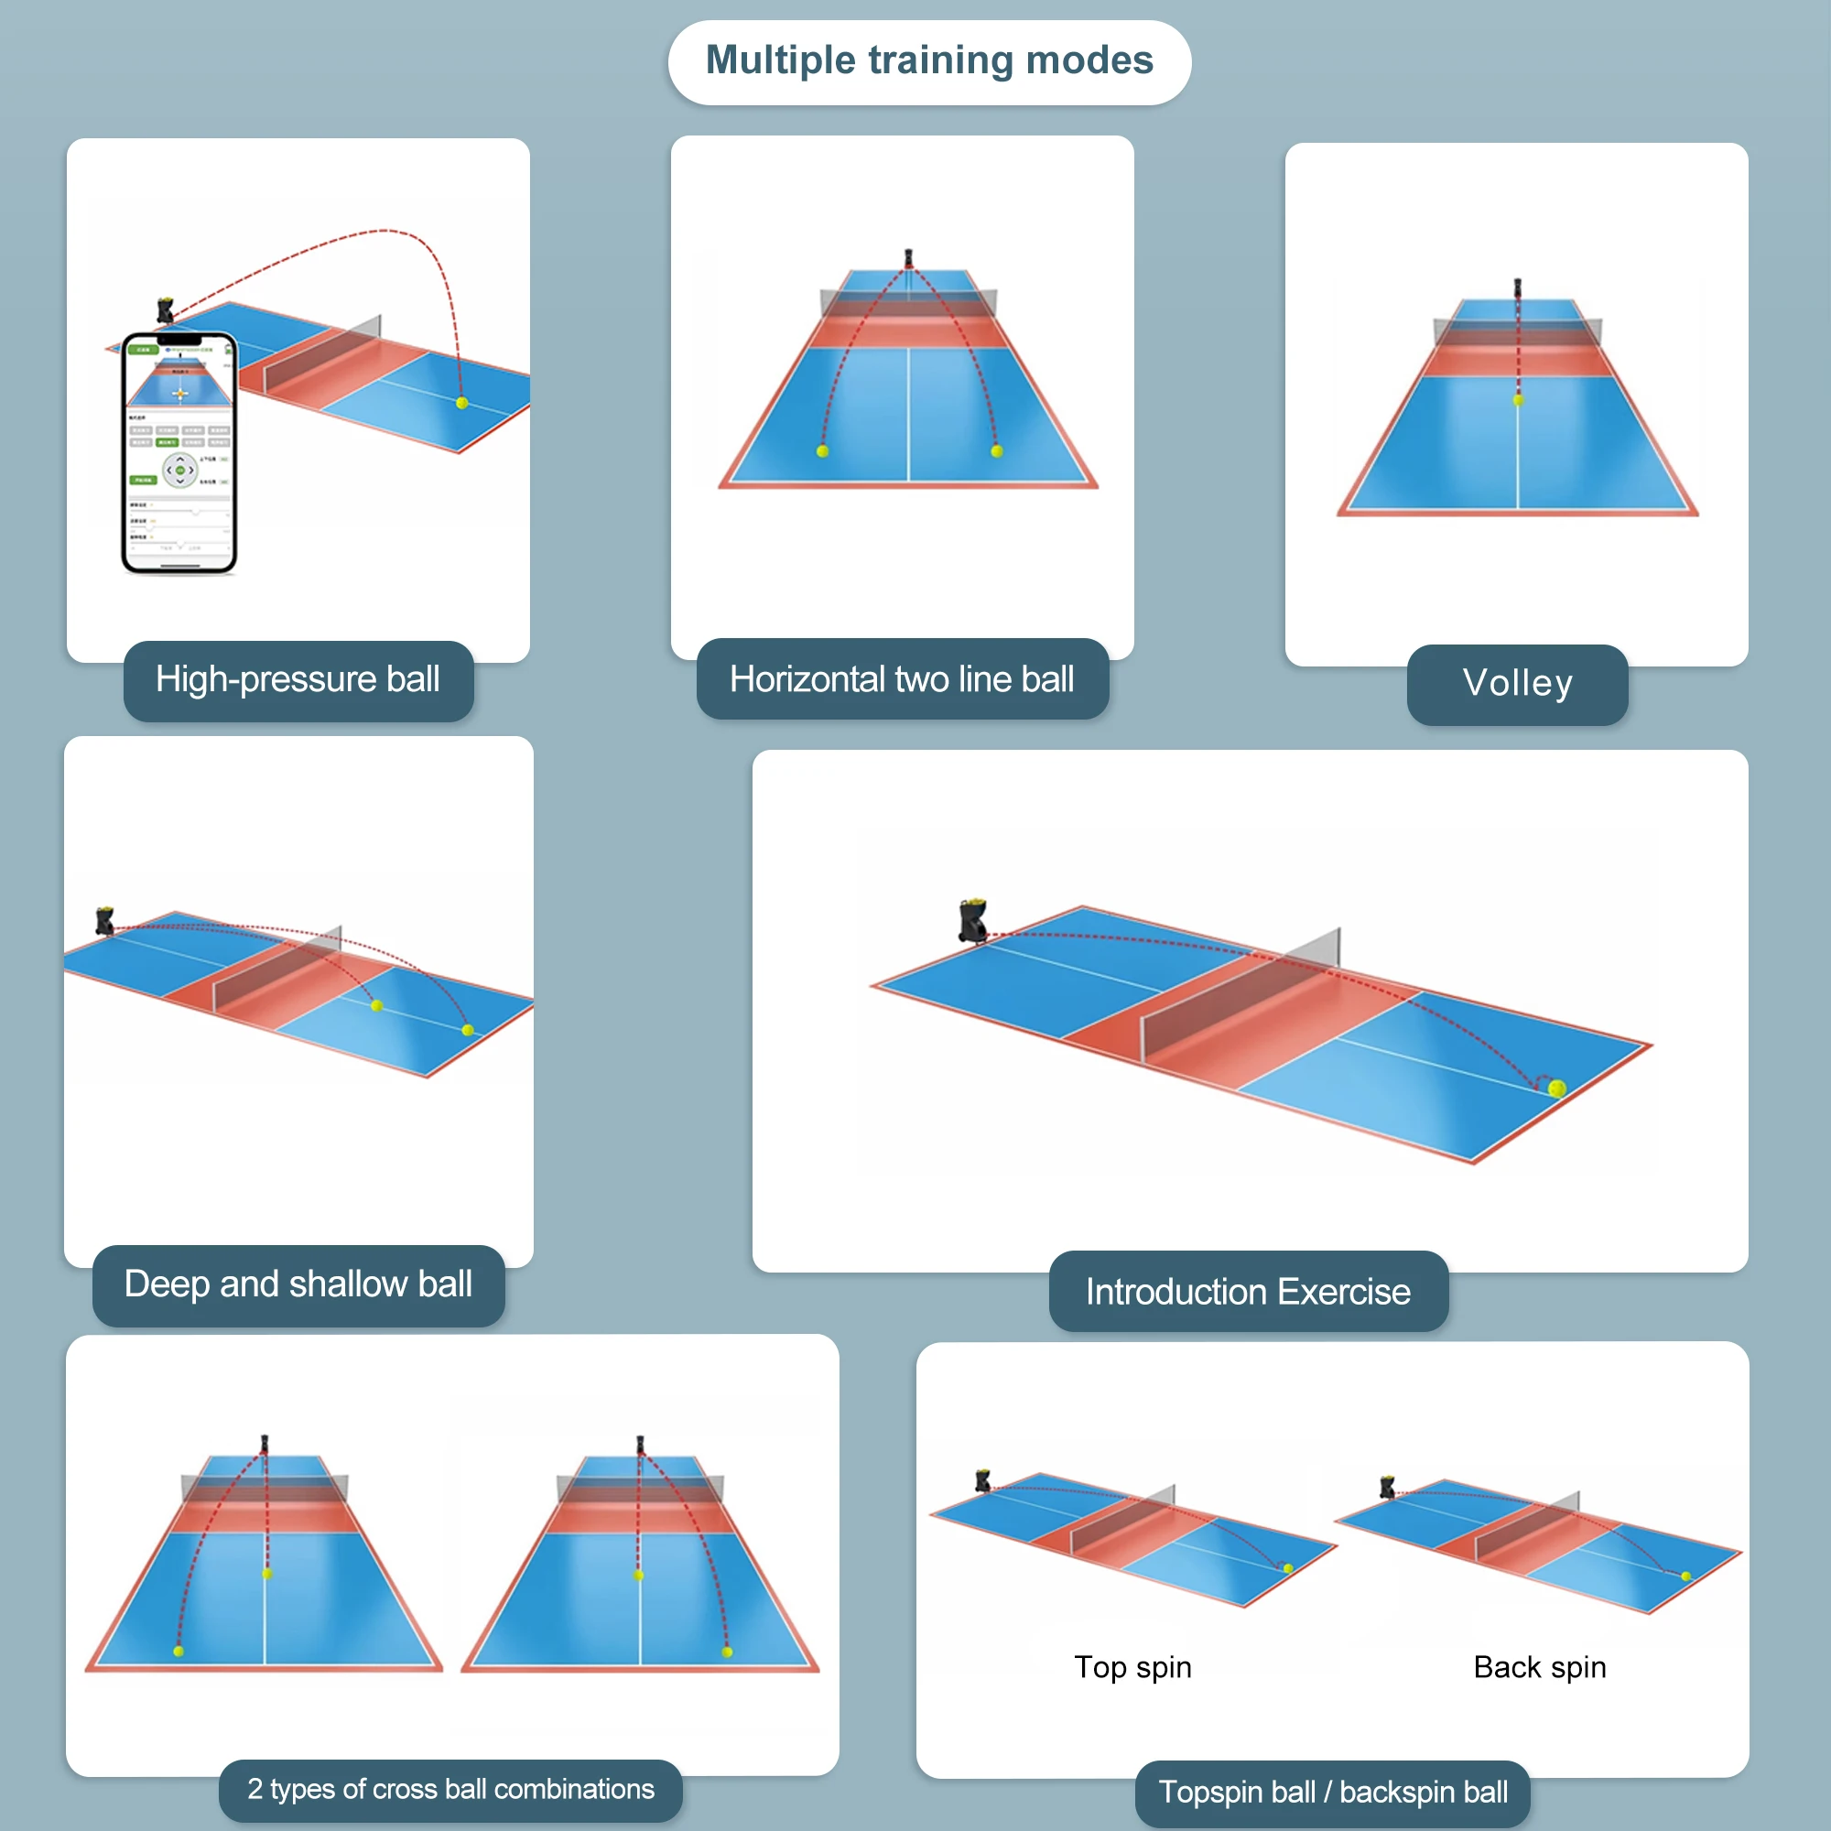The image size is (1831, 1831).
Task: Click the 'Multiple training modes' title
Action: click(x=928, y=60)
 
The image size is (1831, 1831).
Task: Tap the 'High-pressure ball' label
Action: click(x=298, y=679)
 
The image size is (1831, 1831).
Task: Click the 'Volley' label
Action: click(x=1516, y=683)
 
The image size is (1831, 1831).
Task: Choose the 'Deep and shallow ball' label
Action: click(x=298, y=1284)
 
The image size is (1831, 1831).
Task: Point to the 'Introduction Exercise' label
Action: click(x=1247, y=1292)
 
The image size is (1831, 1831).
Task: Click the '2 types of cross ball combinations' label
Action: click(x=450, y=1789)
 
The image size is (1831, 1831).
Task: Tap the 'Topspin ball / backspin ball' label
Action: click(x=1332, y=1793)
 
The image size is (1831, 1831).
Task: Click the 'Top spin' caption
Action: click(x=1132, y=1667)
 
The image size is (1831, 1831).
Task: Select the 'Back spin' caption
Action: click(x=1539, y=1667)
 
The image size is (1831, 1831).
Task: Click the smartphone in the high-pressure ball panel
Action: click(x=179, y=453)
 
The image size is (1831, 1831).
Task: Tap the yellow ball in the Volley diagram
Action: click(x=1517, y=401)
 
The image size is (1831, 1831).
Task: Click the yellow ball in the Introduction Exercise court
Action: click(x=1556, y=1089)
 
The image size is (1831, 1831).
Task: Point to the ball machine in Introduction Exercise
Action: click(x=972, y=920)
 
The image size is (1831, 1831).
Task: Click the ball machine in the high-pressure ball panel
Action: click(x=165, y=310)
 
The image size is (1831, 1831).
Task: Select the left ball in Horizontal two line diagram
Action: click(x=823, y=451)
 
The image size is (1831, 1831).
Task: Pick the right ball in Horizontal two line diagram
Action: click(x=996, y=451)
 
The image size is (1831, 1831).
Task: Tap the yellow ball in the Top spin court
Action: click(x=1287, y=1568)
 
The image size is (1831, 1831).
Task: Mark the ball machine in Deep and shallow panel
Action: click(x=103, y=920)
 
